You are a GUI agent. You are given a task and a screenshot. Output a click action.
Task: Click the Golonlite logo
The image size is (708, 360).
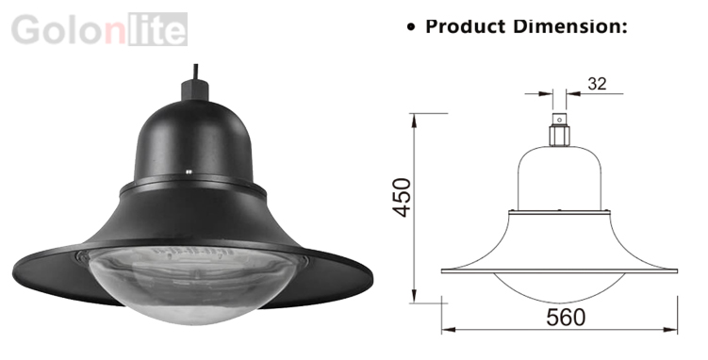[x=99, y=29]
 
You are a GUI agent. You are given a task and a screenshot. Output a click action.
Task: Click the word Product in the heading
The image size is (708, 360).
[x=466, y=26]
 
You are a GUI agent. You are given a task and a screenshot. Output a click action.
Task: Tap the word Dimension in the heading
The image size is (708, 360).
[x=570, y=26]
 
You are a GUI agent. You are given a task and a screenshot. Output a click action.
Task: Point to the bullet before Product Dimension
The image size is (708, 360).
[x=410, y=27]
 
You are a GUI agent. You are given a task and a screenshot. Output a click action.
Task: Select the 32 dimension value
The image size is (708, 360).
[x=597, y=84]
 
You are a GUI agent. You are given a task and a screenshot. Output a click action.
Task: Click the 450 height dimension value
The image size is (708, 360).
[x=402, y=197]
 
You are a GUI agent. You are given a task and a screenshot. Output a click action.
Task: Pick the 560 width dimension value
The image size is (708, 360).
[x=566, y=318]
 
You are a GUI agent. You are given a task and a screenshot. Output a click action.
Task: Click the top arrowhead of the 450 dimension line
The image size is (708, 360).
[x=414, y=119]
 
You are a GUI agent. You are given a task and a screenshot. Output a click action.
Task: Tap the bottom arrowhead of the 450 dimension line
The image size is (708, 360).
[x=414, y=297]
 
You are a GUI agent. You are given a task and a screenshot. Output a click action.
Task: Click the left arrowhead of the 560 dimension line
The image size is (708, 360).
[x=448, y=330]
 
